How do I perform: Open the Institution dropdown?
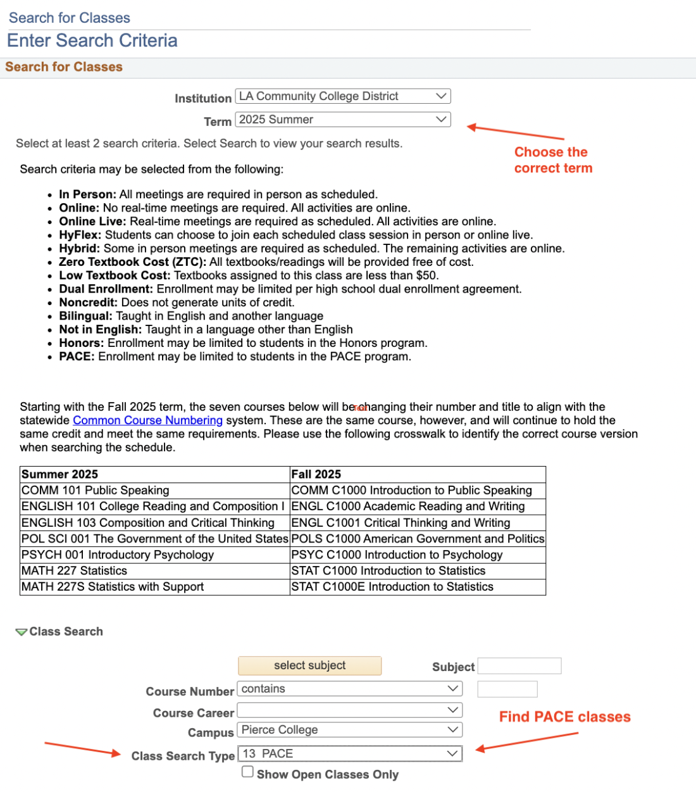[x=342, y=96]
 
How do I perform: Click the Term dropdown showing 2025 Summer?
[x=342, y=120]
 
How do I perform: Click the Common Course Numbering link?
[x=147, y=420]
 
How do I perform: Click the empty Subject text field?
[x=519, y=666]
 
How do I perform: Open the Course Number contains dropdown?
[x=349, y=689]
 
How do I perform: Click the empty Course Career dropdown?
[x=349, y=710]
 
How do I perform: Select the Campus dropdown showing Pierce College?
[x=349, y=730]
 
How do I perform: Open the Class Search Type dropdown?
[x=349, y=753]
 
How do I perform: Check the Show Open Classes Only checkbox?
[x=248, y=772]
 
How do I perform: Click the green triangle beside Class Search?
[x=22, y=632]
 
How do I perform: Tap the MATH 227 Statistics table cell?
[x=154, y=571]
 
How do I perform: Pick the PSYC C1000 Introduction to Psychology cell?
[x=418, y=555]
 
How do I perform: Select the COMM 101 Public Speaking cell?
[x=154, y=491]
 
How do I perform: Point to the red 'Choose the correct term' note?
[x=553, y=160]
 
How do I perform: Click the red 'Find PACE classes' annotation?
[x=564, y=717]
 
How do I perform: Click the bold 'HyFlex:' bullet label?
[x=80, y=235]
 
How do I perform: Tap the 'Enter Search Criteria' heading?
[x=92, y=41]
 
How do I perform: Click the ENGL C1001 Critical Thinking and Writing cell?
[x=418, y=523]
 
